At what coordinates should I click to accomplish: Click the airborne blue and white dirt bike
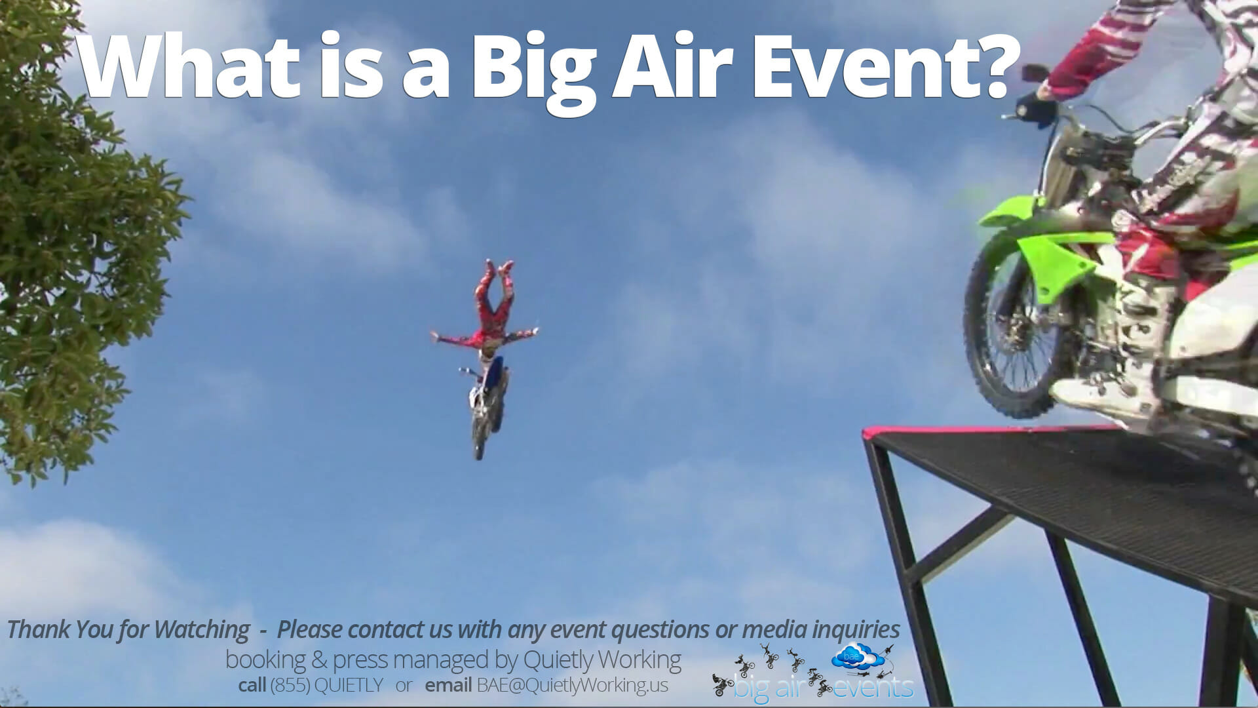coord(486,406)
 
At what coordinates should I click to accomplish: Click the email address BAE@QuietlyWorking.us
coord(572,685)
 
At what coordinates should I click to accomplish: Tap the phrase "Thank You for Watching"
coord(128,630)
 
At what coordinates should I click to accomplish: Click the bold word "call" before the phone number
coord(252,685)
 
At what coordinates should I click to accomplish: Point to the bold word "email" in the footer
coord(448,685)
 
